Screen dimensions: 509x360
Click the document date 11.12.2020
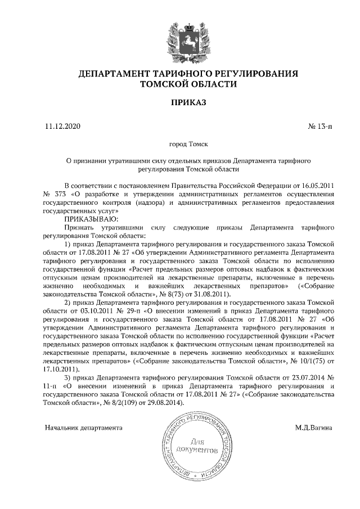point(62,126)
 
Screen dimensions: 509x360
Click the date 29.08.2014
point(138,403)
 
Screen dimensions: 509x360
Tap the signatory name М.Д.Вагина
point(313,427)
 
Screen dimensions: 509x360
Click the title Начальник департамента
point(84,427)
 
